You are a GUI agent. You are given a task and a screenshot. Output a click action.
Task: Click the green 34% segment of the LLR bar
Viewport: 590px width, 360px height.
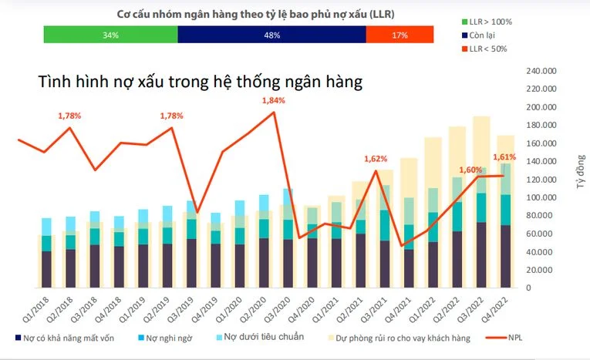[110, 35]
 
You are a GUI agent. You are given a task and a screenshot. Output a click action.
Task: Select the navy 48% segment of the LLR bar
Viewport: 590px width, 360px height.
[271, 35]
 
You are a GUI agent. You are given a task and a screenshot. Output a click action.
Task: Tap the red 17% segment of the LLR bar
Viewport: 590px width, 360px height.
[400, 35]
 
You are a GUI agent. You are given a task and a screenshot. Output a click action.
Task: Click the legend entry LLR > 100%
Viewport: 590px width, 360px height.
[487, 22]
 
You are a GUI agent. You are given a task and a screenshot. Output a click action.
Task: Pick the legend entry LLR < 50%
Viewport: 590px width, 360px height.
[484, 49]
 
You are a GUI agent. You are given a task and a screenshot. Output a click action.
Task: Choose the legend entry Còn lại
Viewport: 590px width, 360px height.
[478, 35]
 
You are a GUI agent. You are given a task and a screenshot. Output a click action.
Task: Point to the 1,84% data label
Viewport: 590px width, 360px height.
[274, 100]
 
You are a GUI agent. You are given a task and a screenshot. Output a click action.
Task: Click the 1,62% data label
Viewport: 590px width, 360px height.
[376, 159]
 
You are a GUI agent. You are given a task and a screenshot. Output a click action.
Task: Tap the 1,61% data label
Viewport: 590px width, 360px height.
[504, 156]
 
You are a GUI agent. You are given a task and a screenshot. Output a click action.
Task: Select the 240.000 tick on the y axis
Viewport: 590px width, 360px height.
[541, 71]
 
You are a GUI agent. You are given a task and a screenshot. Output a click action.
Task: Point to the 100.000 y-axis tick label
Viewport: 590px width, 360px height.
[541, 197]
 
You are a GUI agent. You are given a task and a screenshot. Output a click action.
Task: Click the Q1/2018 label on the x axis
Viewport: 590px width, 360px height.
[36, 309]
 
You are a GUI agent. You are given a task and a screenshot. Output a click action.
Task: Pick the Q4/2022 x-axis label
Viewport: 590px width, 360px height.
[495, 309]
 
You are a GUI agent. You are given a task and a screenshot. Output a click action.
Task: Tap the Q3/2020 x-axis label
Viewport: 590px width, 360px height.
[278, 309]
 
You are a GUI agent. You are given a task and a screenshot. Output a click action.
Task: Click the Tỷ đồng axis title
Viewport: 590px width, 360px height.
[581, 172]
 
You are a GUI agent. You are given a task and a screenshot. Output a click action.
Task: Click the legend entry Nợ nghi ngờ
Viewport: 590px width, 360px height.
[165, 338]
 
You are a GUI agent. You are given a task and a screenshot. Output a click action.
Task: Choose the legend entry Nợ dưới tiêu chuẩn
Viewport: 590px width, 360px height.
[261, 337]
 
